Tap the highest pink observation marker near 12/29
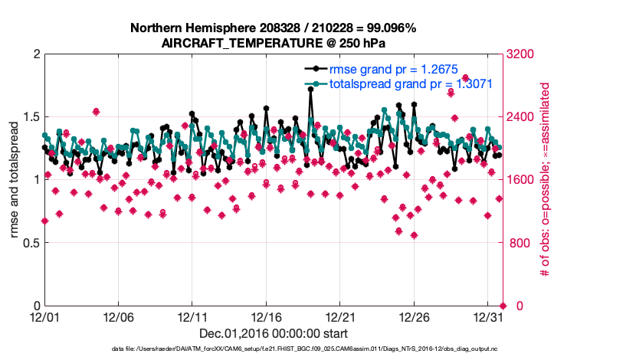pyautogui.click(x=465, y=77)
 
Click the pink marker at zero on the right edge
pyautogui.click(x=503, y=306)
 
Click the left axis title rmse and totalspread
pyautogui.click(x=14, y=180)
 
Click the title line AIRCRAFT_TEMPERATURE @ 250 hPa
pyautogui.click(x=274, y=43)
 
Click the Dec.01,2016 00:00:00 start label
pyautogui.click(x=274, y=333)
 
